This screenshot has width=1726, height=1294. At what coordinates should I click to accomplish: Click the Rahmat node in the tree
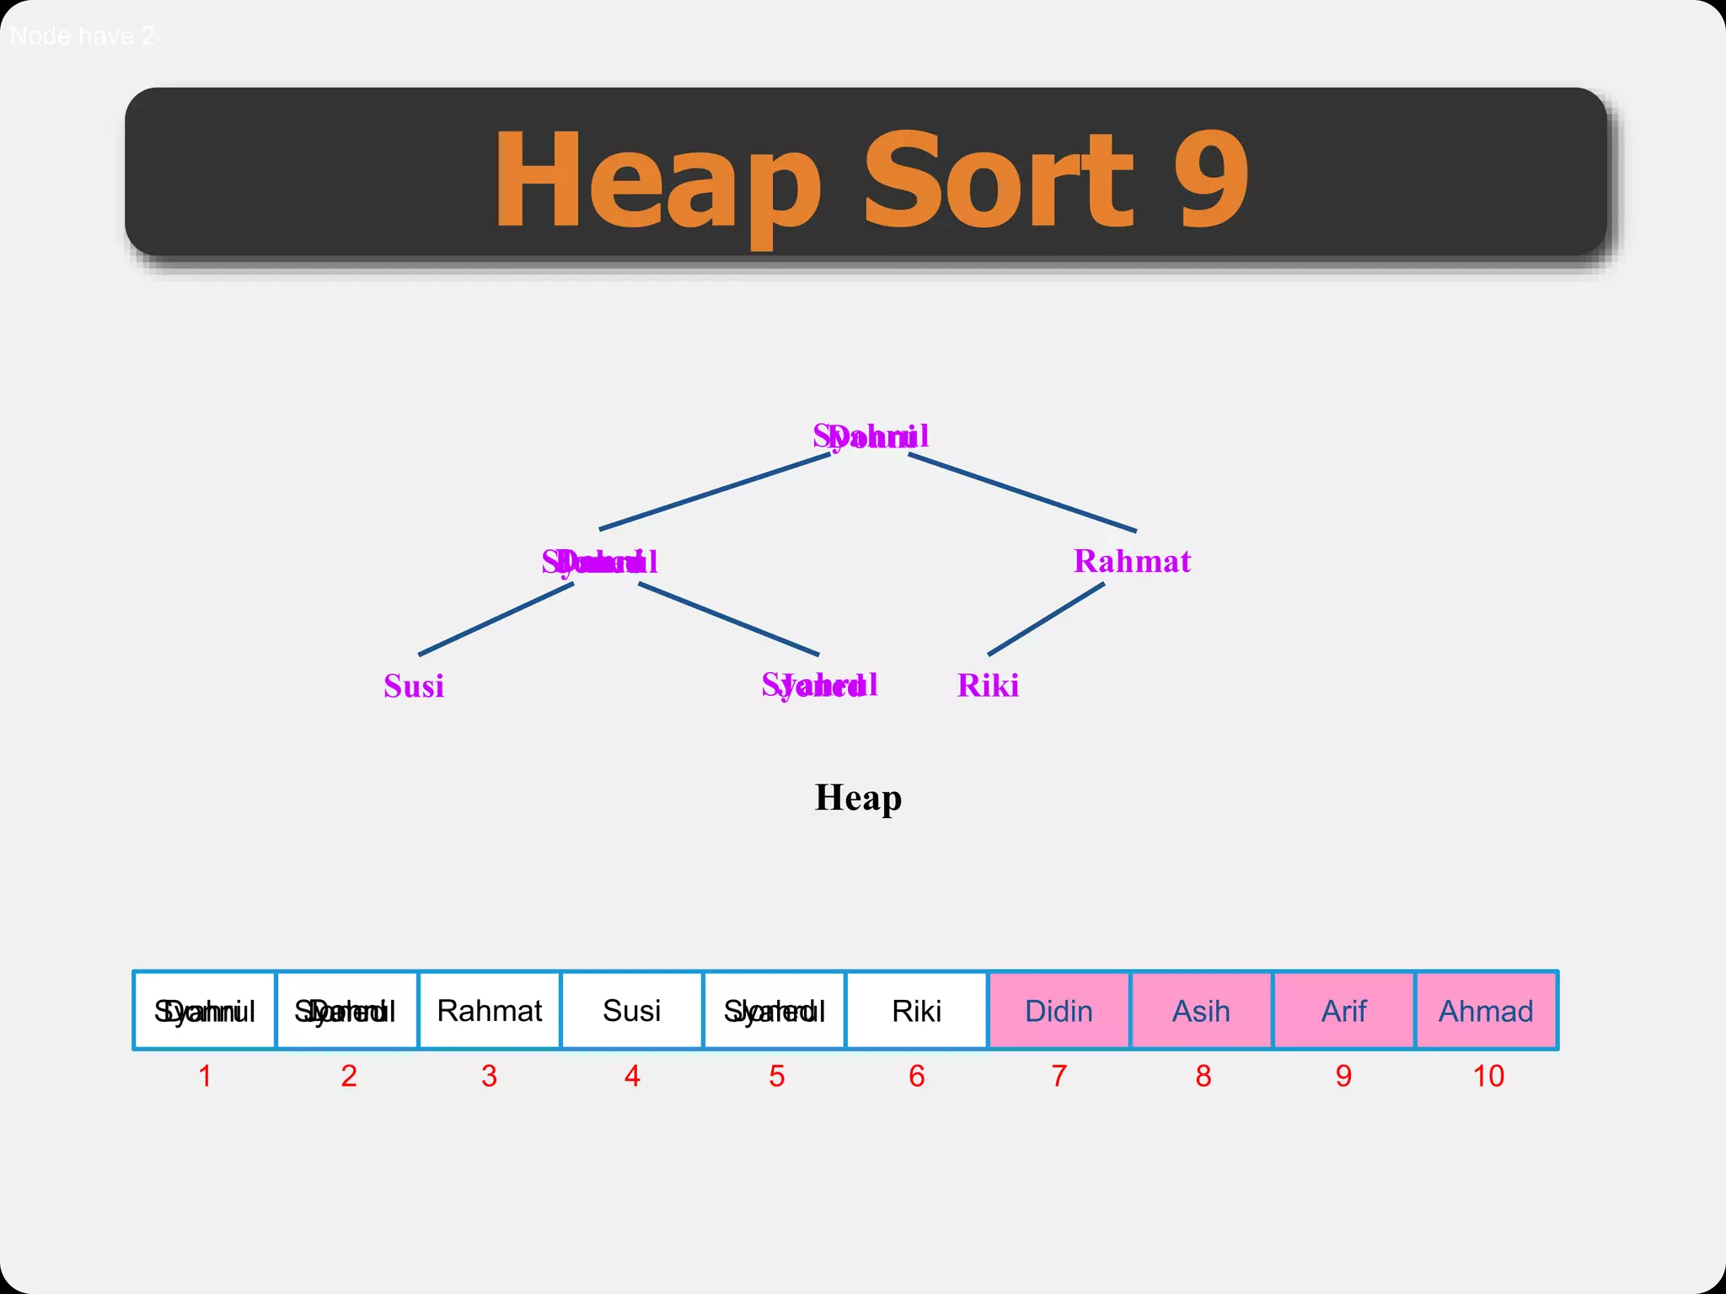point(1131,561)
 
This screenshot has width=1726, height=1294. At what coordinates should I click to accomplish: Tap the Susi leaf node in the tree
point(414,686)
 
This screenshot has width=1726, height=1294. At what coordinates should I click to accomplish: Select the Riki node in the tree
point(988,686)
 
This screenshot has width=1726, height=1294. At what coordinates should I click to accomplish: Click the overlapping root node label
point(871,436)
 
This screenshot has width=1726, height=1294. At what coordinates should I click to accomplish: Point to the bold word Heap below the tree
point(858,797)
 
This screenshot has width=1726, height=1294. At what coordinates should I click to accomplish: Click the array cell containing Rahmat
point(490,1010)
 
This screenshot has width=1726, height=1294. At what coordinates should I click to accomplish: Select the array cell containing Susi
point(632,1010)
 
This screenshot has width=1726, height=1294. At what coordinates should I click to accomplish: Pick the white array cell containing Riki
point(916,1010)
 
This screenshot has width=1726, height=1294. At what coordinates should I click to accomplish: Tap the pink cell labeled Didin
point(1059,1010)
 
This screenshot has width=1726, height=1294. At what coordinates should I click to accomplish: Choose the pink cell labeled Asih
point(1201,1010)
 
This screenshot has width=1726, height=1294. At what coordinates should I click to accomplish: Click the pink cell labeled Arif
point(1343,1010)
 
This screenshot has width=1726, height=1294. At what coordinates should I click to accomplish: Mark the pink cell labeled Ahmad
point(1486,1010)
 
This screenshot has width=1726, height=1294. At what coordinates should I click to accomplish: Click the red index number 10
point(1488,1076)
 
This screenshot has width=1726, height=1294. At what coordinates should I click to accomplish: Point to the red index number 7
point(1059,1076)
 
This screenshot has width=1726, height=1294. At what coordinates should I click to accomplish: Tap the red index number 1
point(205,1076)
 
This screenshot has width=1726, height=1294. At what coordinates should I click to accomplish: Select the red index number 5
point(777,1076)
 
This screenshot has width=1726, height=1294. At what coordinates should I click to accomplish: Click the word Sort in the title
point(999,179)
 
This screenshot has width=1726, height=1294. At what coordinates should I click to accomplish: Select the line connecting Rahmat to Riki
point(1046,619)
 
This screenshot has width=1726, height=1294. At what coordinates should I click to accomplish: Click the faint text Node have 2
point(83,36)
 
